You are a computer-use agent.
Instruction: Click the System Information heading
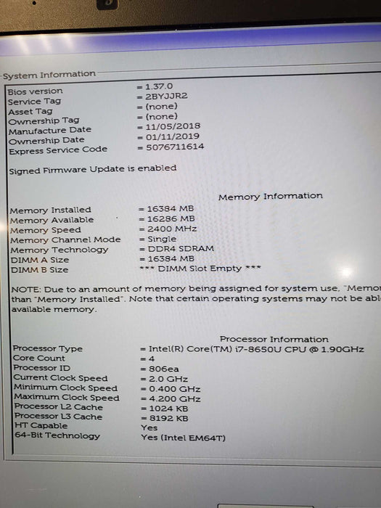49,74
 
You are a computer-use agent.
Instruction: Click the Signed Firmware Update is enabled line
92,168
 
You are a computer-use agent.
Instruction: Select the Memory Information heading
270,196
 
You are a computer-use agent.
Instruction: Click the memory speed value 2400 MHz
169,229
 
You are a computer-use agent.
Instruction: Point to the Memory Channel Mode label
65,239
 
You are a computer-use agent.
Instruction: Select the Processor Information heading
274,339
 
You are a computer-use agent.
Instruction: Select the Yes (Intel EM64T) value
183,437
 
